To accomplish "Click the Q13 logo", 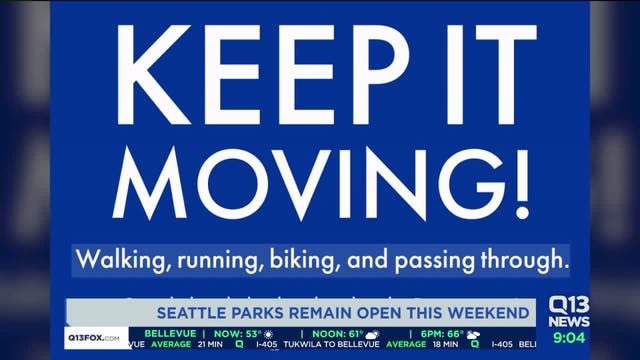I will coord(569,305).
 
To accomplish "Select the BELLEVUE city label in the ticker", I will coord(167,333).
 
